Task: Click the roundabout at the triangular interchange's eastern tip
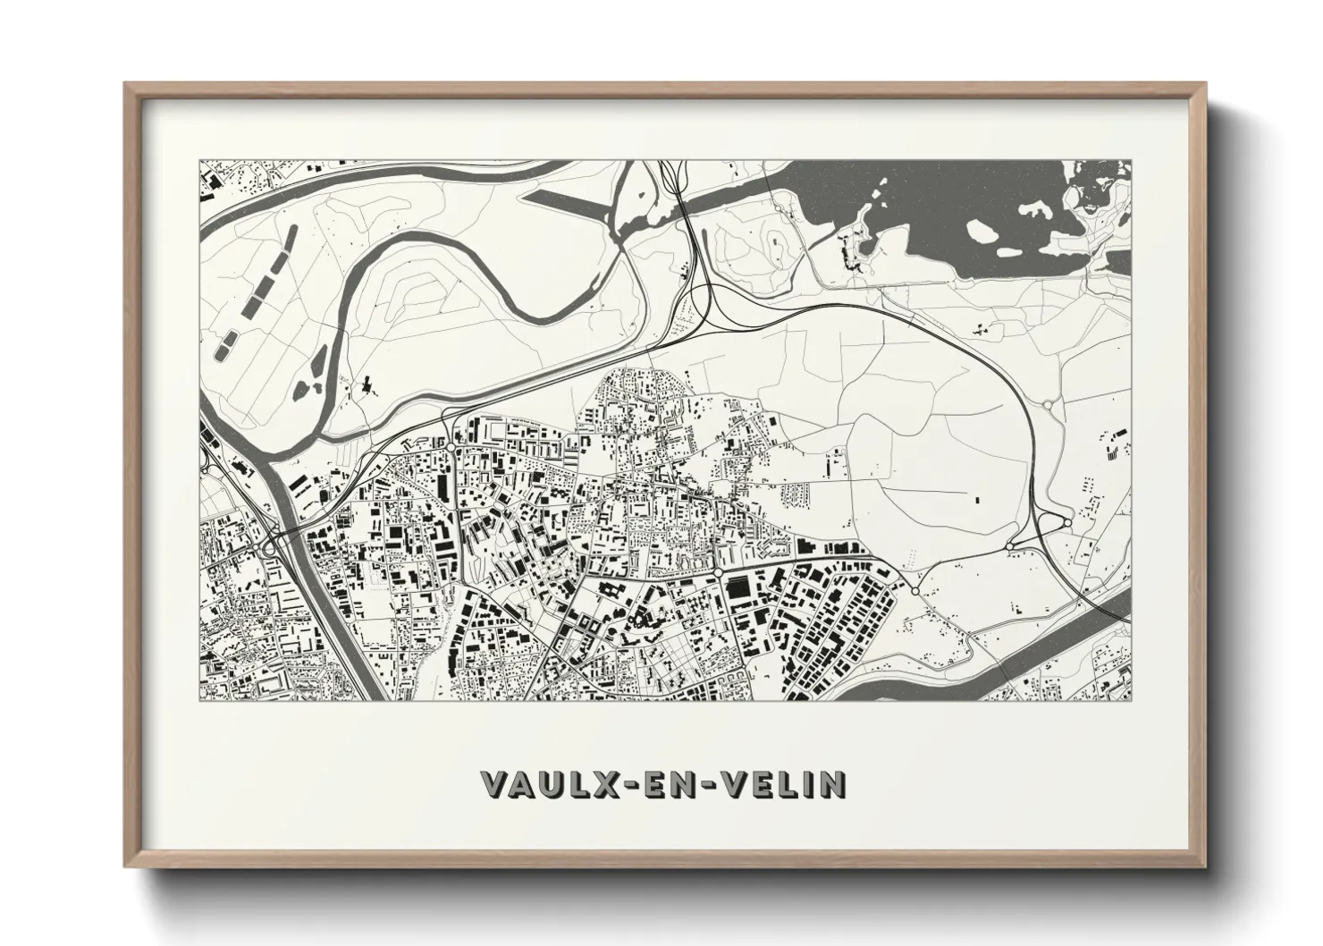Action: pos(1067,522)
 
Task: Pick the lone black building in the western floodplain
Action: pos(366,387)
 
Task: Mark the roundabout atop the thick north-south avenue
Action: pos(452,446)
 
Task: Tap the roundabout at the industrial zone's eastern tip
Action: pos(914,591)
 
